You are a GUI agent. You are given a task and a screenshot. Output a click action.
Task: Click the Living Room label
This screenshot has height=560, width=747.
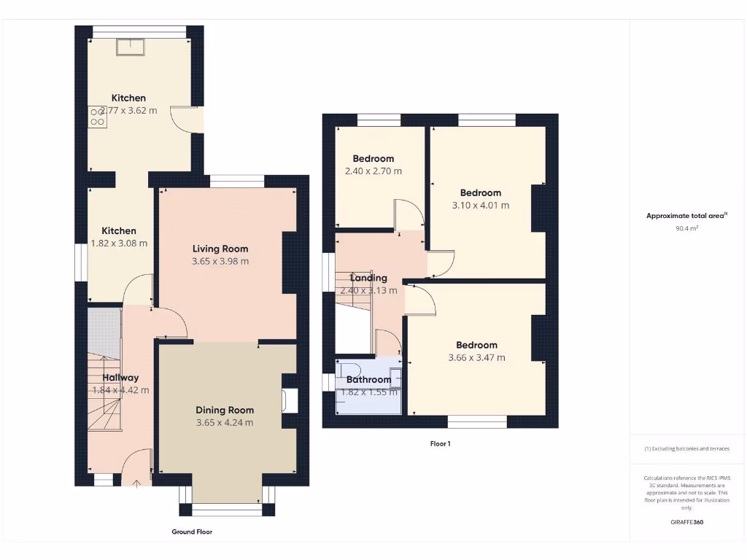[x=220, y=249]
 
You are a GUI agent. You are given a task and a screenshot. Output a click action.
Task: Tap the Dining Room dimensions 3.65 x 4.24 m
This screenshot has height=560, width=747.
[x=225, y=423]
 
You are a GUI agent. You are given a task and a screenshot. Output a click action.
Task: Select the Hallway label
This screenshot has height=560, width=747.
[x=120, y=378]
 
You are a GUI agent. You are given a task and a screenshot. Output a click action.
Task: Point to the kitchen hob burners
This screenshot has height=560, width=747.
[x=97, y=117]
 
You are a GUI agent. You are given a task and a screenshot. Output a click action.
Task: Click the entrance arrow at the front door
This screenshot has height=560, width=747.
[x=137, y=481]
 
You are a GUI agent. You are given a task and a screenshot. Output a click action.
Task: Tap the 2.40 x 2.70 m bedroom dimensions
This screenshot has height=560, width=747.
[x=373, y=171]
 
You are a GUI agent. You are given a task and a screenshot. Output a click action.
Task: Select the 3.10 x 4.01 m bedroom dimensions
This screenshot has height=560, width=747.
[x=480, y=206]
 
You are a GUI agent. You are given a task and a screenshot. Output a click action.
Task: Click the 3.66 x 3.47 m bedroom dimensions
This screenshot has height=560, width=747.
[x=476, y=358]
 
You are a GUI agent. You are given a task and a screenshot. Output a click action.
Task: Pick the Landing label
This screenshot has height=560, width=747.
[x=368, y=278]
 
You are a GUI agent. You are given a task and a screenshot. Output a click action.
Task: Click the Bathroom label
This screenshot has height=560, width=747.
[x=368, y=379]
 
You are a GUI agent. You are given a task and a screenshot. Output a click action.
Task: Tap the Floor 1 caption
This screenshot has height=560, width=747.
[x=440, y=443]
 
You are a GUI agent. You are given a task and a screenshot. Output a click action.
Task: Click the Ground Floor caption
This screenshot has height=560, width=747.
[x=192, y=532]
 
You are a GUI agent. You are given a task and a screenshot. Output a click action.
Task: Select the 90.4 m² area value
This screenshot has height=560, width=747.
[x=686, y=228]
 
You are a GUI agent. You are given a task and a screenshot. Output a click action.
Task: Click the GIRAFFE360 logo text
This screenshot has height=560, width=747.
[x=686, y=522]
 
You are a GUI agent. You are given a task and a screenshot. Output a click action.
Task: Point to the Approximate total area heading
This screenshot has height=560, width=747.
[x=686, y=215]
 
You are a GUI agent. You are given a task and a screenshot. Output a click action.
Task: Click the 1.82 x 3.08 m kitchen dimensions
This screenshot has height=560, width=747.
[x=118, y=244]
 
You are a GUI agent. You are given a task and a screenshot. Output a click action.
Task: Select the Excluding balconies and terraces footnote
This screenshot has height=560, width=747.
[x=686, y=448]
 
